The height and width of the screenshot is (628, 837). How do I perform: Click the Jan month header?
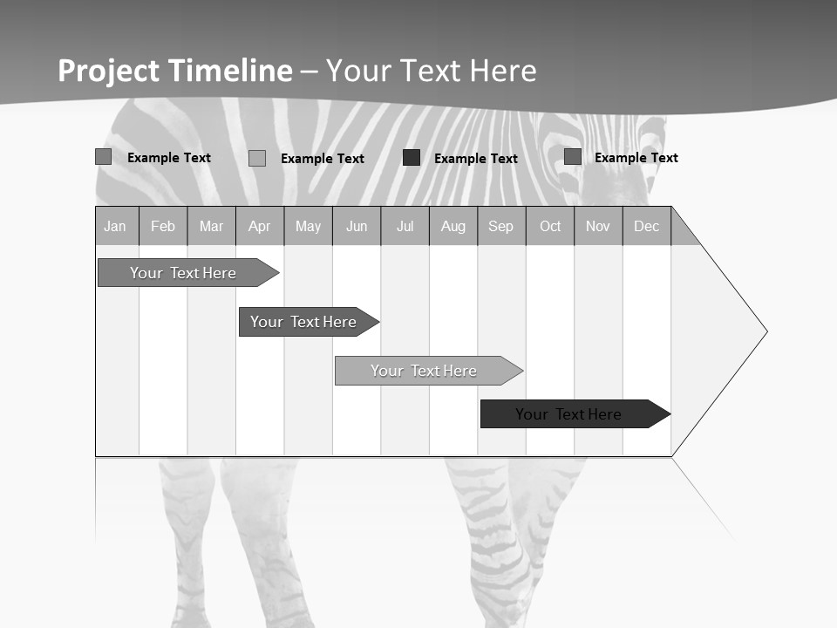(115, 226)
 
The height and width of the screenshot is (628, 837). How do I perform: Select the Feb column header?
(163, 226)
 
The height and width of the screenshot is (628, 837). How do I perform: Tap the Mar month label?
(211, 226)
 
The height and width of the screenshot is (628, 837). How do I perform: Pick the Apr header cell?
(260, 226)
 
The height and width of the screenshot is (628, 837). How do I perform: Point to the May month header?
(308, 226)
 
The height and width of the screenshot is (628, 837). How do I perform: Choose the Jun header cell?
(357, 226)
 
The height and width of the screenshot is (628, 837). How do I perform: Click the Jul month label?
(405, 226)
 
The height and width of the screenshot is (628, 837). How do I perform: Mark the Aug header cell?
(453, 226)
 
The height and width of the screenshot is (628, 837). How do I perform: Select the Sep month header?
(501, 226)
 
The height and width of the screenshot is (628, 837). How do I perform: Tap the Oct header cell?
(550, 226)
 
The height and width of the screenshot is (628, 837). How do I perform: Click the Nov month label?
(598, 226)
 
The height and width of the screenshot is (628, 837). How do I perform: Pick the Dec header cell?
(647, 226)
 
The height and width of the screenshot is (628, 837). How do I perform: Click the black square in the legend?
(412, 158)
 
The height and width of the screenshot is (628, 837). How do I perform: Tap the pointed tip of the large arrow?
(765, 331)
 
